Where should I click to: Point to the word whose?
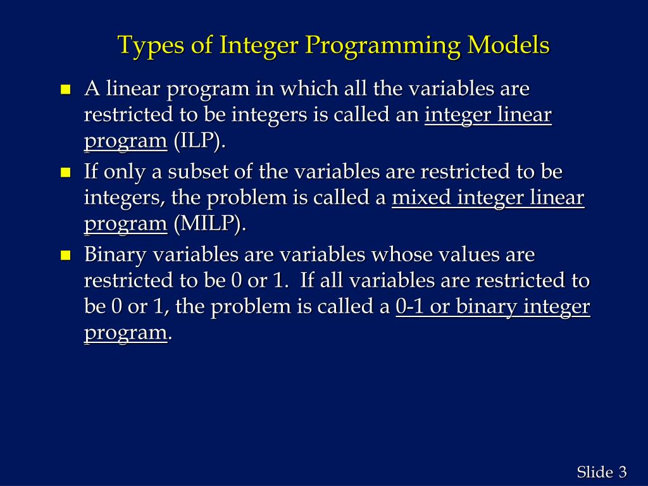point(396,255)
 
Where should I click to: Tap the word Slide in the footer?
point(594,472)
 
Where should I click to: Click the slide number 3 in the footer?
point(623,472)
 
